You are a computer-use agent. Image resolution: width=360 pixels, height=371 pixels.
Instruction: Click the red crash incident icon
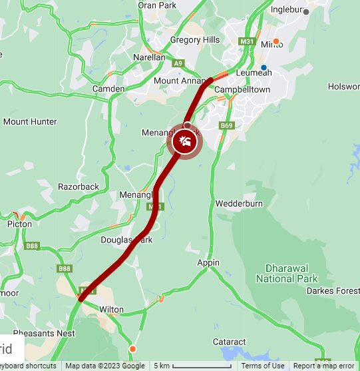click(184, 141)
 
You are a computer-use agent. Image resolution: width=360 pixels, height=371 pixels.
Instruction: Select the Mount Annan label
click(176, 81)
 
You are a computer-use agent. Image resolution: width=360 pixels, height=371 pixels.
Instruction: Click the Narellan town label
click(149, 57)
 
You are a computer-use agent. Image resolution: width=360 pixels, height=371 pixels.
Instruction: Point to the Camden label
click(108, 89)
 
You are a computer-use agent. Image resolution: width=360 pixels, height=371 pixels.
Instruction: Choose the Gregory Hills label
click(194, 40)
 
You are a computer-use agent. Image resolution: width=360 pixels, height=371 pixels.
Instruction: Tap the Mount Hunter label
click(30, 122)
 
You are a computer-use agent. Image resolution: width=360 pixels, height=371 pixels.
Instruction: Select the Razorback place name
click(78, 186)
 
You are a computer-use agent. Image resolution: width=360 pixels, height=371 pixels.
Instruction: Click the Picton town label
click(19, 224)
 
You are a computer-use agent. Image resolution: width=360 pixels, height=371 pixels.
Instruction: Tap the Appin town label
click(208, 262)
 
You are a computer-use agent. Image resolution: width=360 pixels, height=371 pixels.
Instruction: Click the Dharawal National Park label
click(287, 273)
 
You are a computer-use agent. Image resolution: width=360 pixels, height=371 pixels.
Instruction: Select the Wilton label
click(111, 310)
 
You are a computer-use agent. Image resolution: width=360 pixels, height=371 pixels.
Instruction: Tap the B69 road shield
click(228, 125)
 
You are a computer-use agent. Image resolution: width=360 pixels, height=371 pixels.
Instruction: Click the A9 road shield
click(178, 63)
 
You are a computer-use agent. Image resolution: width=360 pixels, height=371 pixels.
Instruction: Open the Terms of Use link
click(263, 366)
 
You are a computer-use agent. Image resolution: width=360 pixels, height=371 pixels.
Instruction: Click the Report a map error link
click(323, 366)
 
